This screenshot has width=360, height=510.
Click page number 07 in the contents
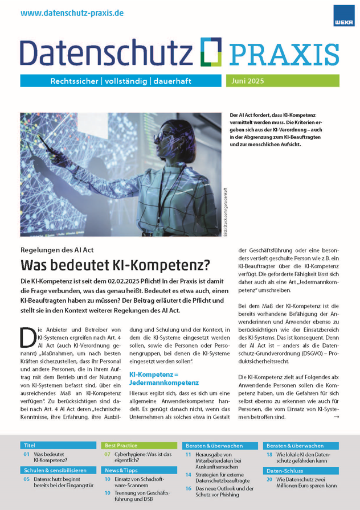coord(107,455)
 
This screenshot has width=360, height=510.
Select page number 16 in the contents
coord(188,488)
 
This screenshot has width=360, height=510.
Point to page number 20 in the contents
coord(269,480)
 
